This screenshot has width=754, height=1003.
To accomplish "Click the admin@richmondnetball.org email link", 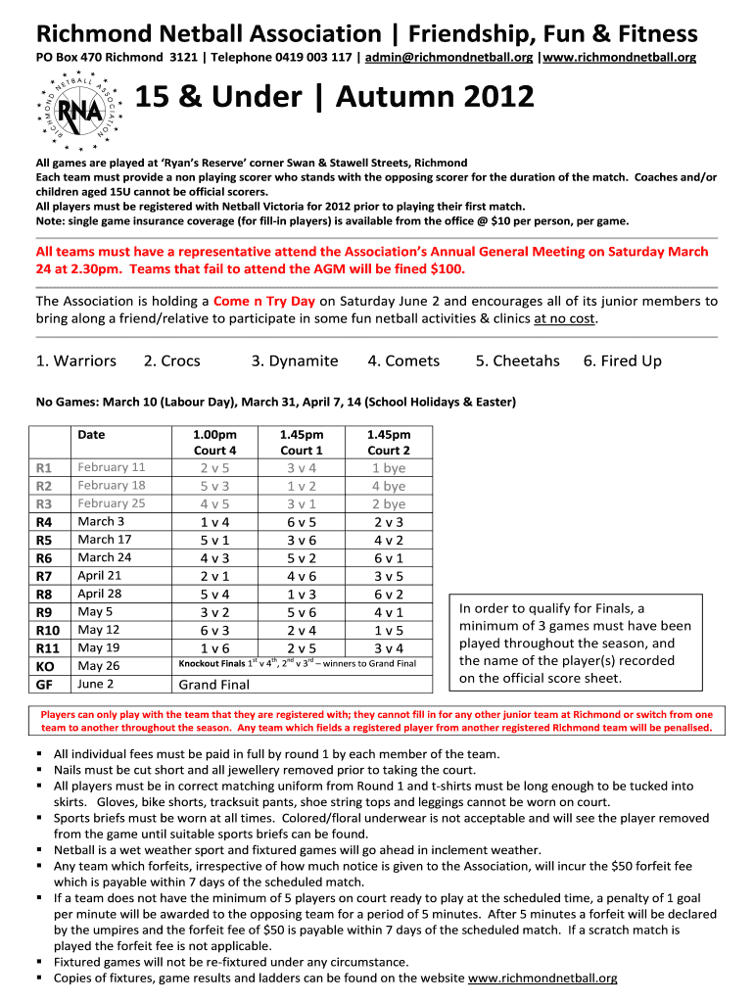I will click(x=449, y=58).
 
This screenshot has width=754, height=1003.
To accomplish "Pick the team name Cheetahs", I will click(x=517, y=360).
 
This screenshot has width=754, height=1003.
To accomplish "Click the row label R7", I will click(x=44, y=576).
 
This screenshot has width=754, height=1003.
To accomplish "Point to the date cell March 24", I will click(x=105, y=557).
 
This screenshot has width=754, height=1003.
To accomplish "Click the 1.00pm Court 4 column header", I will click(x=215, y=443).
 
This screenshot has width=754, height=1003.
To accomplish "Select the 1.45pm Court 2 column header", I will click(x=388, y=443).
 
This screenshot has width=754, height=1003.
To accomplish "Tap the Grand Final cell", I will click(x=213, y=686).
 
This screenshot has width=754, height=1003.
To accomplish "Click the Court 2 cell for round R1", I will click(x=388, y=468).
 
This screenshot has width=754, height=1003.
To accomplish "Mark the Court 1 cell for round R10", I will click(x=302, y=630).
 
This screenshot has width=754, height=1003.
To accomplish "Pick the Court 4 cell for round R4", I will click(x=215, y=522).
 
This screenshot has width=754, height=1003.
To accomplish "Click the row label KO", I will click(x=45, y=666).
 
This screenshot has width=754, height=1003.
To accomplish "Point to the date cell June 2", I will click(x=95, y=684).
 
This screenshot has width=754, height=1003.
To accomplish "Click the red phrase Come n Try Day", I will click(x=264, y=301).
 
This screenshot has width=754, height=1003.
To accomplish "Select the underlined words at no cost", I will click(x=565, y=318).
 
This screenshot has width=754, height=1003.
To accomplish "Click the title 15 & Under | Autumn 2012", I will click(x=335, y=98).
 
